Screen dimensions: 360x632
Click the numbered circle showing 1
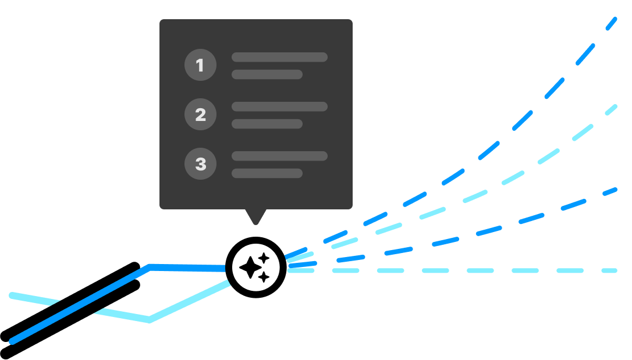coord(200,65)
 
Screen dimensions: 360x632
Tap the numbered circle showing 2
coord(200,115)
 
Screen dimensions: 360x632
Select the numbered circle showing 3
coord(200,164)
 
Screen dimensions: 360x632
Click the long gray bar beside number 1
coord(279,57)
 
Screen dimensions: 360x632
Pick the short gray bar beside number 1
coord(267,74)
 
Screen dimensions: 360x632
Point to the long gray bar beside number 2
coord(279,106)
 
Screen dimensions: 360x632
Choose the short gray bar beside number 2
coord(267,124)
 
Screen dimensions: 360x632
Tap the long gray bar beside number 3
coord(279,156)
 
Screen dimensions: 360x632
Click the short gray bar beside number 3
coord(267,173)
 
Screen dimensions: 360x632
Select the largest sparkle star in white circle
coord(250,268)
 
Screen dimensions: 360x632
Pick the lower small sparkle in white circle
coord(264,277)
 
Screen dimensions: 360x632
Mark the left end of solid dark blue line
coord(12,341)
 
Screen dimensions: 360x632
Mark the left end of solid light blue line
coord(12,295)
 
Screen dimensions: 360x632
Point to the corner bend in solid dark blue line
coord(150,267)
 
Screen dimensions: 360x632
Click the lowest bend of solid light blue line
coord(150,320)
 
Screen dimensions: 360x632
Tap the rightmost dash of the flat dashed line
coord(609,270)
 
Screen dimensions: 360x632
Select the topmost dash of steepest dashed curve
coord(610,24)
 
